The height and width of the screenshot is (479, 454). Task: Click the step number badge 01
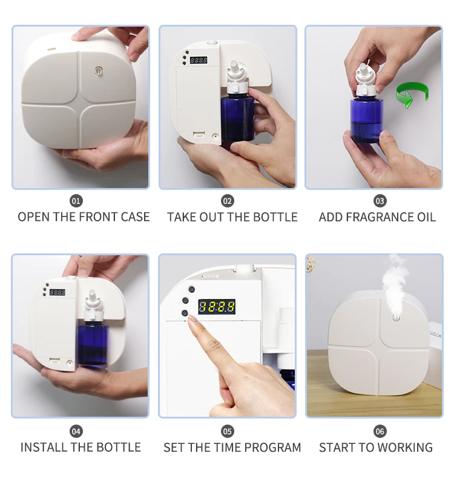click(76, 201)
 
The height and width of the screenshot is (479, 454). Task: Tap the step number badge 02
click(228, 201)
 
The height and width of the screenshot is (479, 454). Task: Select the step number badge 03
click(380, 201)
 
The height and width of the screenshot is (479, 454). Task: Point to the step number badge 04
click(76, 431)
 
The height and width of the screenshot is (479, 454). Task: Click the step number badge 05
click(228, 431)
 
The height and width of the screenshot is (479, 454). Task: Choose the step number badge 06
click(380, 431)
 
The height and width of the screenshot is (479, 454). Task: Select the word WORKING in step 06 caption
click(404, 448)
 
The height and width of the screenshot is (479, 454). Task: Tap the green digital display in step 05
click(217, 306)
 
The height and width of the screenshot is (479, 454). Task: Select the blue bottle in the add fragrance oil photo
click(366, 121)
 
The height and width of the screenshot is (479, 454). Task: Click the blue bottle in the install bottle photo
click(93, 345)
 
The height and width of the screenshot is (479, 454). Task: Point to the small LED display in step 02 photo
click(198, 60)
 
